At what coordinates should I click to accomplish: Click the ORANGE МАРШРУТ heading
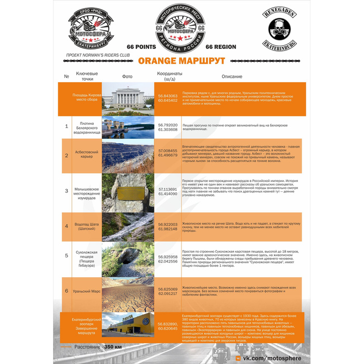[181, 61]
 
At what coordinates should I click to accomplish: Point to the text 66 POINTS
[141, 47]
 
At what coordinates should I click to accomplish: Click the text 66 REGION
[221, 47]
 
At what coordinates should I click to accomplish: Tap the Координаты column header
[170, 76]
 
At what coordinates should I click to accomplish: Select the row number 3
[67, 191]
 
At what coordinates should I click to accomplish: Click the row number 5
[67, 255]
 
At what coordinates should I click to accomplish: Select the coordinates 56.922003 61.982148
[168, 226]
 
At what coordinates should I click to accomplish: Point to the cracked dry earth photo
[128, 294]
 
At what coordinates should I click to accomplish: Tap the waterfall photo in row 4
[128, 227]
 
